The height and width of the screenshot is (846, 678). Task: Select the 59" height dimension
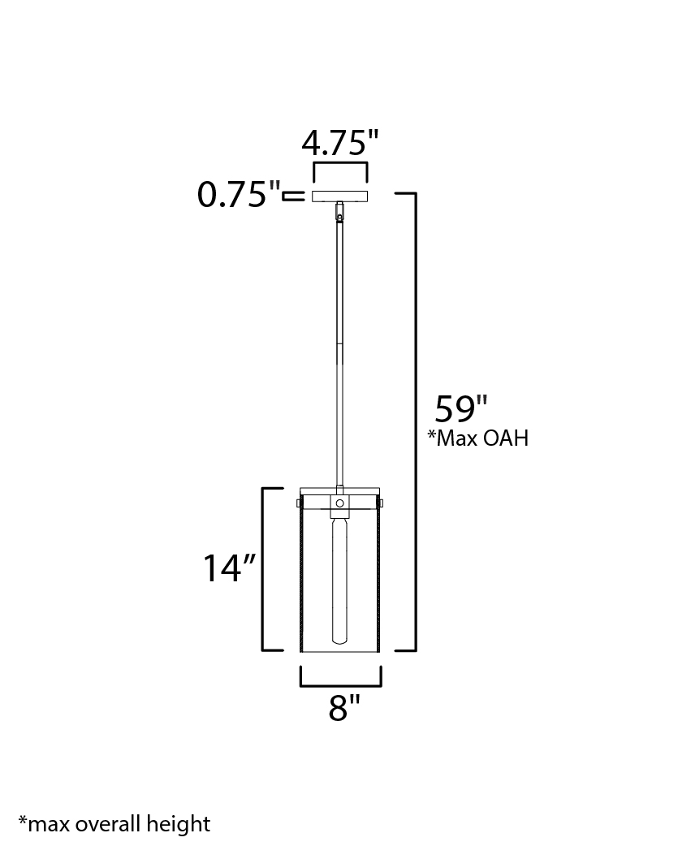[461, 408]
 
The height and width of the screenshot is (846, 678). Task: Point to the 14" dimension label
[229, 568]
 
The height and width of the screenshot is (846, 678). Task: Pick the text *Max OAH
[478, 438]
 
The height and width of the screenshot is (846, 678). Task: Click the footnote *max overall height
[114, 824]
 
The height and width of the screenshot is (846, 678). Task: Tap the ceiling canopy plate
[339, 196]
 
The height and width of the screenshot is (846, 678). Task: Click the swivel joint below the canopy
[339, 211]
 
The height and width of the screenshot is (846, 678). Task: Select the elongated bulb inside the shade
[339, 578]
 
